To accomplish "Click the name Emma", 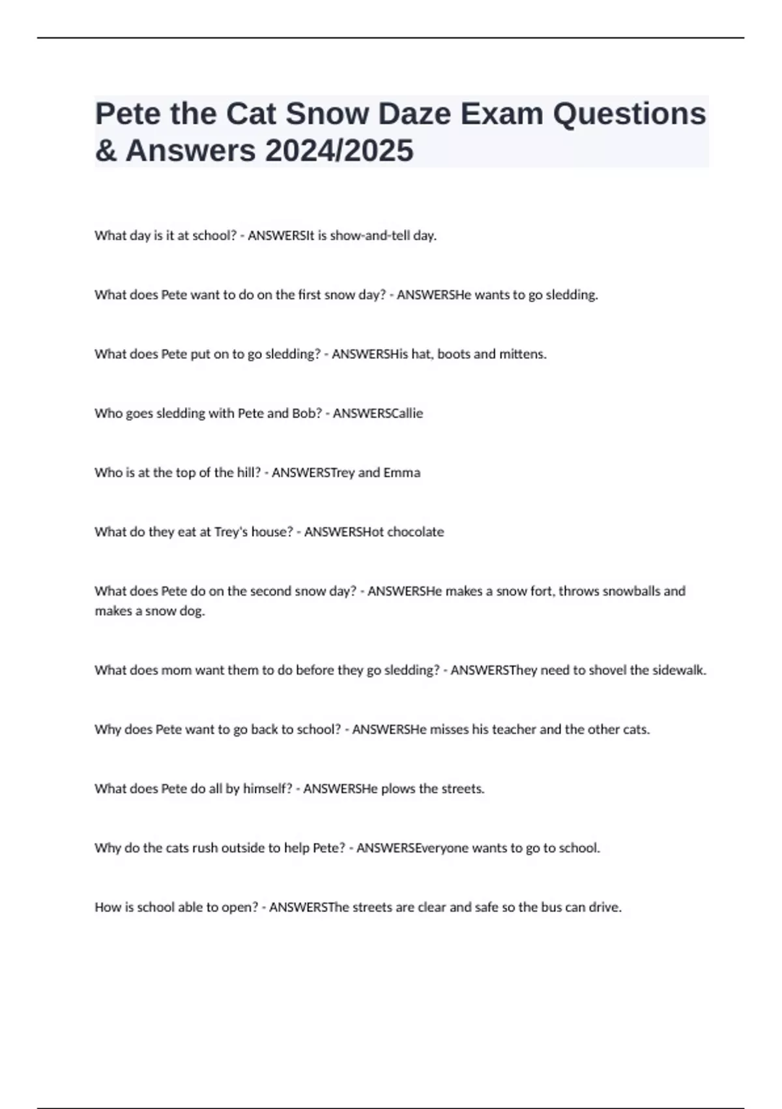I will (x=401, y=473).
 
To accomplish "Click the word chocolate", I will (x=415, y=532).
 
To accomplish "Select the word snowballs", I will (x=631, y=592).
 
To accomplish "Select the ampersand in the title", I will (x=107, y=151).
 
